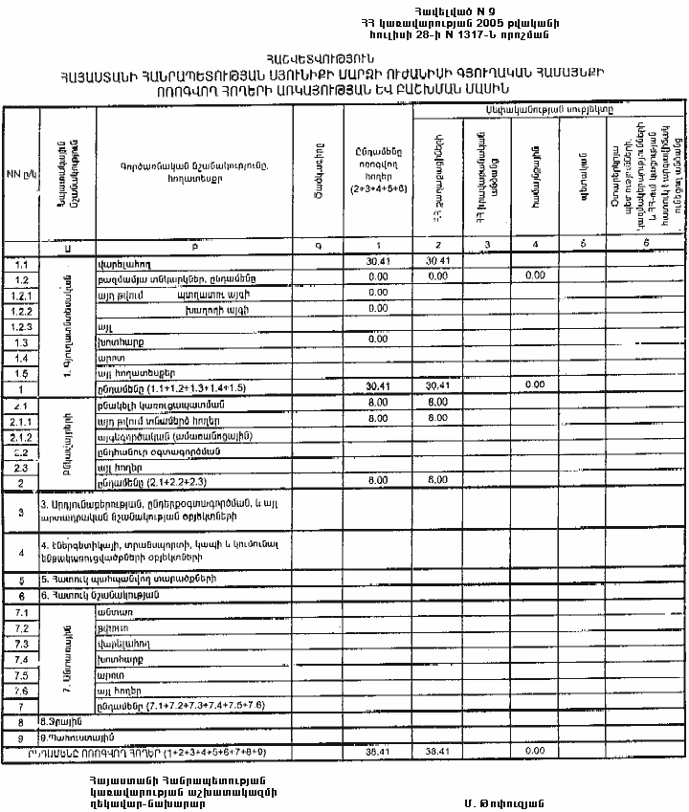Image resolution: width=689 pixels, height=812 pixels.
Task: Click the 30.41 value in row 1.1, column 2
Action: tap(438, 261)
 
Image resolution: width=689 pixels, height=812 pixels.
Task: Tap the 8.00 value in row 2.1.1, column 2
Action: tap(438, 419)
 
